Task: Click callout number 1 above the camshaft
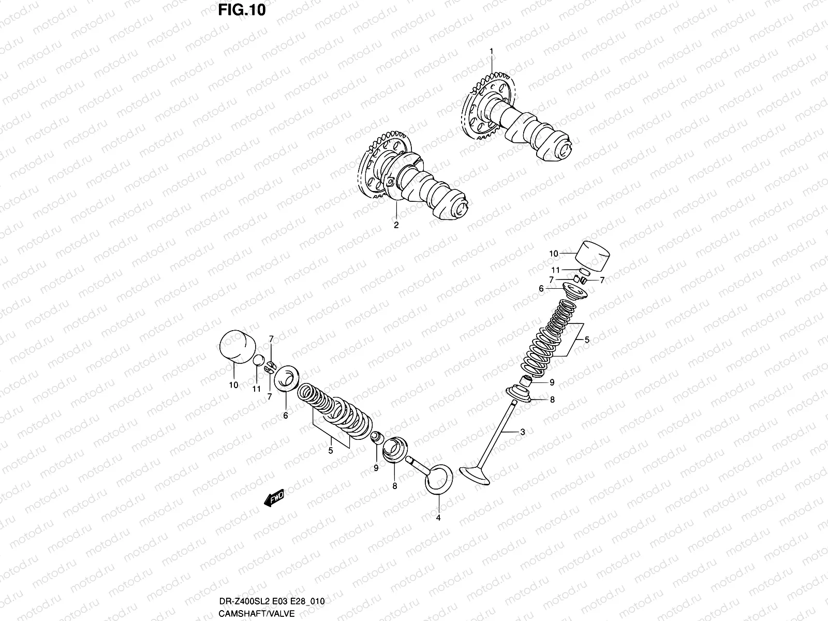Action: (x=492, y=51)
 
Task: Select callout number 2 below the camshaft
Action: (x=396, y=225)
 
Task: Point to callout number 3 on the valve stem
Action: (x=523, y=432)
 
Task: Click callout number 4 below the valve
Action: (x=438, y=517)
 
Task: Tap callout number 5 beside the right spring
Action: (x=587, y=340)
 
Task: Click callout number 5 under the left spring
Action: (x=330, y=450)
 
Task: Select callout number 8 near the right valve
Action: (x=552, y=400)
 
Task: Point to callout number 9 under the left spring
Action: (x=376, y=468)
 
